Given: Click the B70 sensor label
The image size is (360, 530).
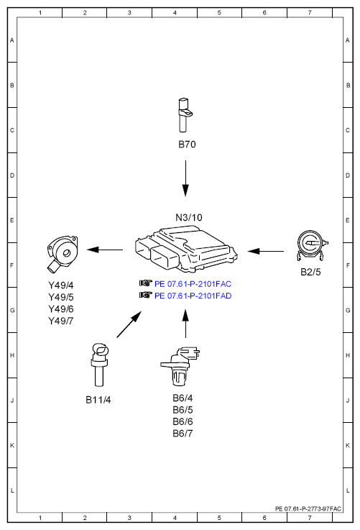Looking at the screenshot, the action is (187, 145).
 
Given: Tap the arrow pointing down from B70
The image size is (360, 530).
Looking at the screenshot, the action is (185, 178).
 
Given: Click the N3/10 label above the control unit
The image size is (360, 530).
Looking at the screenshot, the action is (189, 217).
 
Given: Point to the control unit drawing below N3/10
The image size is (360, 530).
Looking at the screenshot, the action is (186, 249).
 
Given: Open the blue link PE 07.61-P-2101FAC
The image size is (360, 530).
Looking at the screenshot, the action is (193, 284).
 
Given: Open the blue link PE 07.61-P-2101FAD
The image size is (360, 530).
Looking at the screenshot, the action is (193, 296).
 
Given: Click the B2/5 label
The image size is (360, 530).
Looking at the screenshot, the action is (310, 272).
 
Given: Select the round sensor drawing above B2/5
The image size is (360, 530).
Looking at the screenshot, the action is (312, 246).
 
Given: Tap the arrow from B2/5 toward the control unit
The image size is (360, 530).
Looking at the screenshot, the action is (265, 251).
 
